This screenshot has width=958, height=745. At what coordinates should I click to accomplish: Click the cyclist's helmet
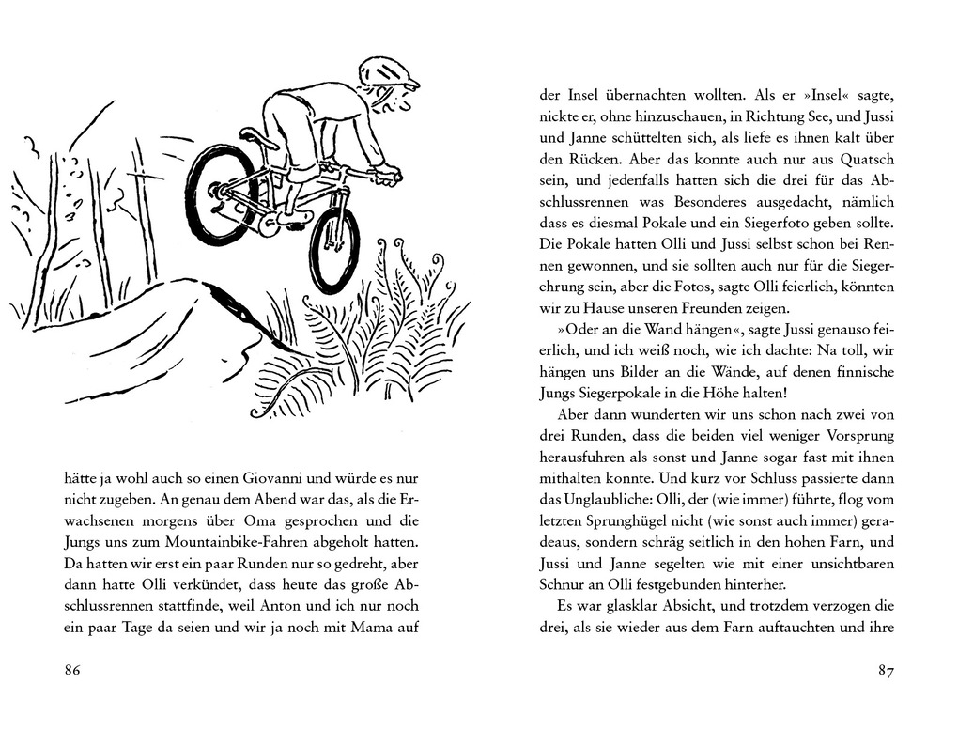pyautogui.click(x=387, y=70)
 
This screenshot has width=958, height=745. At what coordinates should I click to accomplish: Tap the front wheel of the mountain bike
pyautogui.click(x=334, y=249)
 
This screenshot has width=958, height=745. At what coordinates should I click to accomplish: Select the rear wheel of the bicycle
pyautogui.click(x=222, y=194)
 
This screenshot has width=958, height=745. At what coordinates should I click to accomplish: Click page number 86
pyautogui.click(x=72, y=670)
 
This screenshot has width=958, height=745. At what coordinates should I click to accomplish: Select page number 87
pyautogui.click(x=885, y=670)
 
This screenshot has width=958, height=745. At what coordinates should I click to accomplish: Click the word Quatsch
pyautogui.click(x=859, y=159)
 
